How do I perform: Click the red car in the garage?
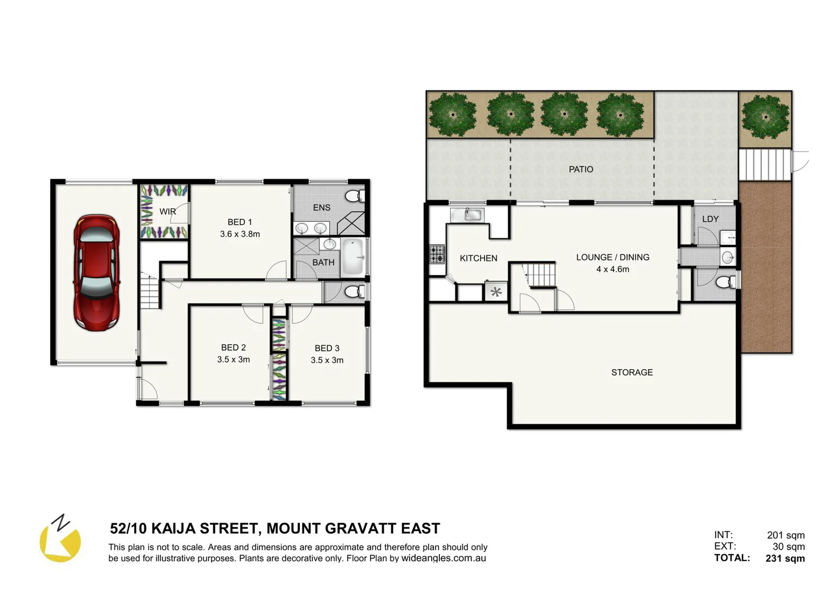96,273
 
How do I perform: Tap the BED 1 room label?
239,222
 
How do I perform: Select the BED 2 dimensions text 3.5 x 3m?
233,359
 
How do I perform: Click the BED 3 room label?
327,348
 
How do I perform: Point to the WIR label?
167,212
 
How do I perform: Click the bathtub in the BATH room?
353,257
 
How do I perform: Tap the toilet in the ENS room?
355,196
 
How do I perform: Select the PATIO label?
581,169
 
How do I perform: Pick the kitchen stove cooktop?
437,254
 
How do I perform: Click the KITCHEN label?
478,258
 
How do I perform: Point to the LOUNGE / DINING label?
612,257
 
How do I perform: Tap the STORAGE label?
631,372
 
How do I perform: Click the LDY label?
710,219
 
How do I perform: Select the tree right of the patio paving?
765,116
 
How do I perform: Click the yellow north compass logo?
60,540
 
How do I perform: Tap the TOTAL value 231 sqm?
784,558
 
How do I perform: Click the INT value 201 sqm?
785,535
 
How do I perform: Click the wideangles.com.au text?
443,558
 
